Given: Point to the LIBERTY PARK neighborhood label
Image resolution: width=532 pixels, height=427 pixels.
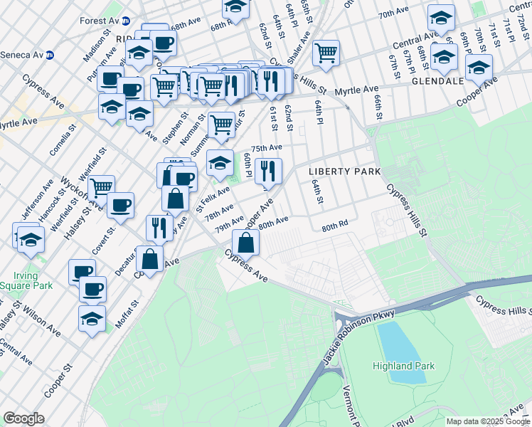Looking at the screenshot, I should point(344,172).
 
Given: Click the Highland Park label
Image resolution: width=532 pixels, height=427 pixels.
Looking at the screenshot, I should point(402,366).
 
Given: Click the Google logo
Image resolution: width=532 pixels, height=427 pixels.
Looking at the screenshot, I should point(23,418).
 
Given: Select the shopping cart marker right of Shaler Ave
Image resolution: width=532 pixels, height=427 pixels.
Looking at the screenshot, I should point(326,51).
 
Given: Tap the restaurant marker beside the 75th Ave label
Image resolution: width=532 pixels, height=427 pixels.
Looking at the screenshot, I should point(268,170).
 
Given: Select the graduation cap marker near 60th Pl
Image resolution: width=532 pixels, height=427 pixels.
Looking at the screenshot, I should point(220,163).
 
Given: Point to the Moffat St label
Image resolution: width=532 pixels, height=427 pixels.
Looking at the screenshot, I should point(129,314).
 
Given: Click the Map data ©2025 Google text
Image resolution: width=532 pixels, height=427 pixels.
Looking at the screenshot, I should point(488,421).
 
